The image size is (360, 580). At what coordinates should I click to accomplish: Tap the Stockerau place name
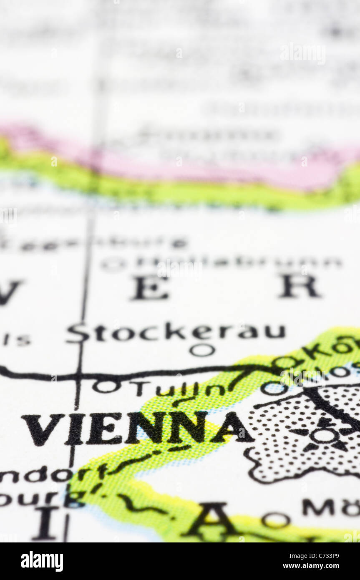click(x=175, y=333)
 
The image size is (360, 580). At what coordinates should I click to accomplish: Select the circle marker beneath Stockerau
click(x=202, y=350)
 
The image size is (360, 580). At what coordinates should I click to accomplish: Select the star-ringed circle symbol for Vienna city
click(x=325, y=436)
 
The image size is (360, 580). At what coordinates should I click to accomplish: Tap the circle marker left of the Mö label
click(x=276, y=520)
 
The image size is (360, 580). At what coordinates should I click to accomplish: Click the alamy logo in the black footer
click(x=42, y=561)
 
